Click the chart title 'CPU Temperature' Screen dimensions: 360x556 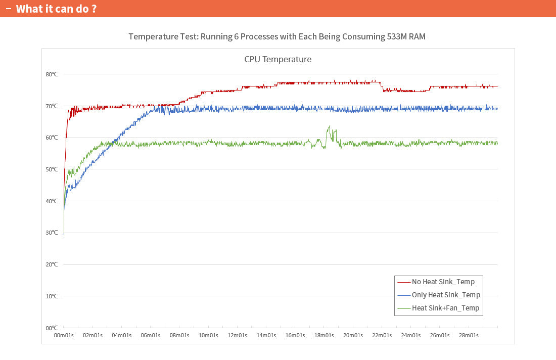[x=277, y=59]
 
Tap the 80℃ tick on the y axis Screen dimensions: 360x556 [x=52, y=74]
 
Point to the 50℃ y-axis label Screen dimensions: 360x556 [x=52, y=169]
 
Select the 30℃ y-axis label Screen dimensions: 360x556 [x=52, y=233]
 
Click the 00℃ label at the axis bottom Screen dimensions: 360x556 [x=52, y=328]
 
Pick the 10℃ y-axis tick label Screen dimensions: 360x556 [x=52, y=296]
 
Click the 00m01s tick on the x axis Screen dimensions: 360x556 [x=64, y=336]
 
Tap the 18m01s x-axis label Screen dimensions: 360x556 [x=324, y=336]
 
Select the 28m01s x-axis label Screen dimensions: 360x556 [x=469, y=336]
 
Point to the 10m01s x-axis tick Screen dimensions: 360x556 [x=208, y=336]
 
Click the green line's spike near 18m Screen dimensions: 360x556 [x=329, y=127]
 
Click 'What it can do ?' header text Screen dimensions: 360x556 [x=56, y=9]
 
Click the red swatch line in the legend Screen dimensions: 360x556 [x=403, y=282]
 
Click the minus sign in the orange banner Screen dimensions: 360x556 [x=8, y=9]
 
